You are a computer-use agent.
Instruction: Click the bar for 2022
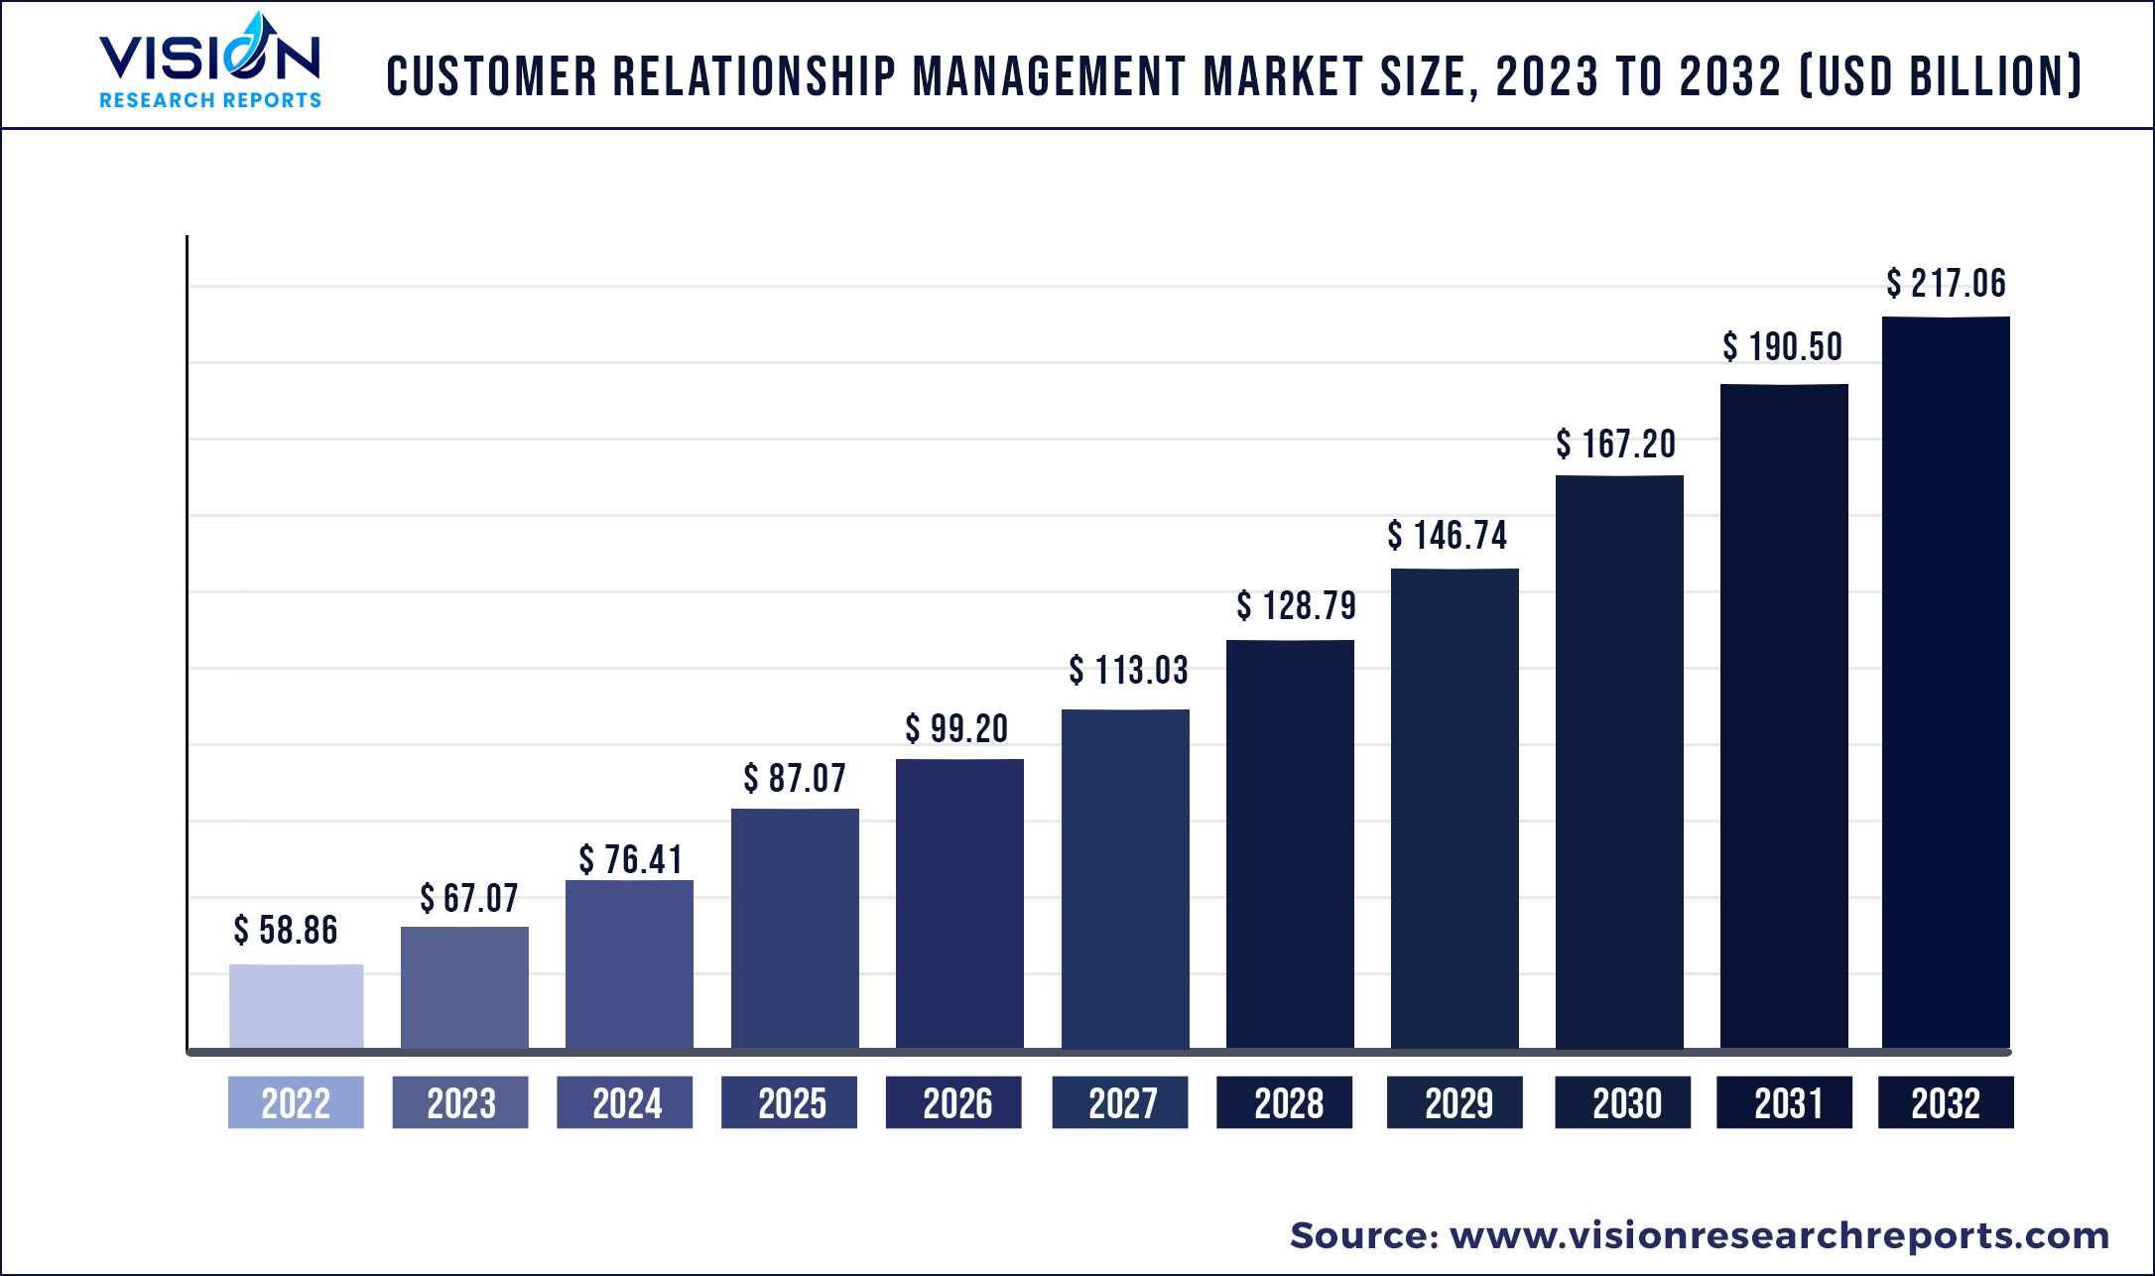pos(296,1005)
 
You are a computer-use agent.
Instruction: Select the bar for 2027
pos(1125,878)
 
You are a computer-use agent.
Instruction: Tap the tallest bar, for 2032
pos(1946,682)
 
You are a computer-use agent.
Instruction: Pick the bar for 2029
pos(1455,808)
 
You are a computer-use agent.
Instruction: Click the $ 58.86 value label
pos(286,931)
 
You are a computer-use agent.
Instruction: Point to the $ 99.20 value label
pos(956,729)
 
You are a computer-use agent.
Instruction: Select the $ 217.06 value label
pos(1946,284)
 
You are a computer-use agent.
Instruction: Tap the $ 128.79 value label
pos(1296,605)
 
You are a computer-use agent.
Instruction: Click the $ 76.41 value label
pos(631,859)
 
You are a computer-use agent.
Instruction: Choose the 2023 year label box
pos(460,1102)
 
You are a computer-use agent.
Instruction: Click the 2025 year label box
pos(790,1102)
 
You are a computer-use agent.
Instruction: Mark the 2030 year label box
pos(1623,1102)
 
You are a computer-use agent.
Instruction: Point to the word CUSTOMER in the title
pos(492,76)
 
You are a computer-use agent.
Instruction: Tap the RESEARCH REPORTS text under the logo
pos(210,100)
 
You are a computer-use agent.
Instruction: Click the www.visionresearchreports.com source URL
pos(1779,1235)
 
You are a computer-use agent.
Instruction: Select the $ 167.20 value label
pos(1616,445)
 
